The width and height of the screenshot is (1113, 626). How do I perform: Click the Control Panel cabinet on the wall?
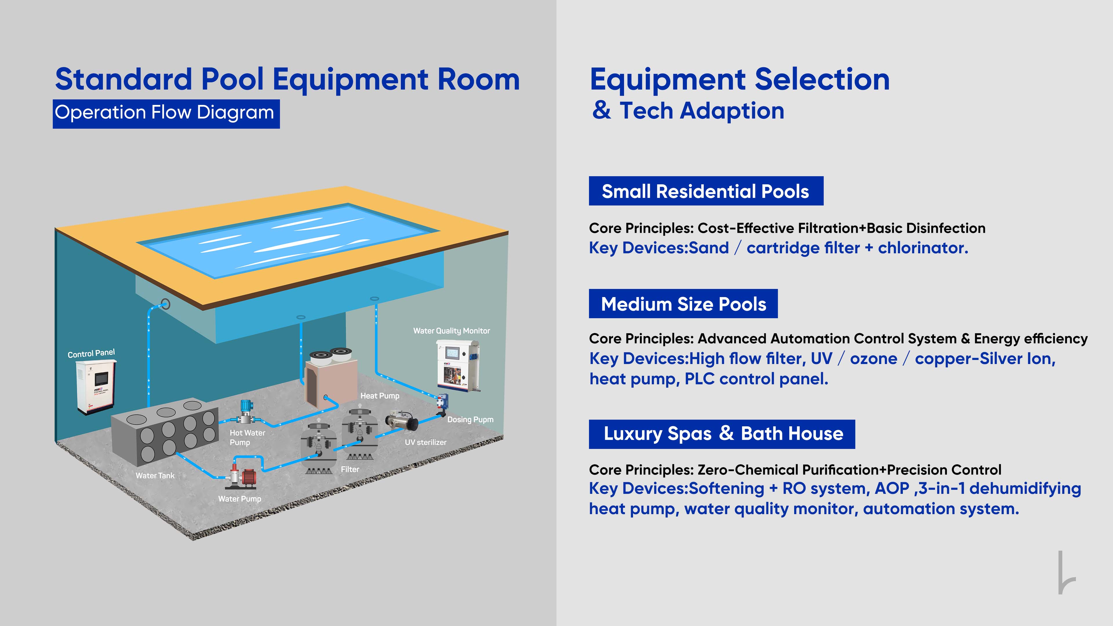click(x=95, y=387)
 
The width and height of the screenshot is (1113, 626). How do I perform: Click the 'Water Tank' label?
click(x=155, y=475)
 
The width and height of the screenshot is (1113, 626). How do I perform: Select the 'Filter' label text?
click(x=350, y=469)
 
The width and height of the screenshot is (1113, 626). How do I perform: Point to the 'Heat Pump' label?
click(x=380, y=396)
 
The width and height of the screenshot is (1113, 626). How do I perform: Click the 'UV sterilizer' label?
click(x=425, y=442)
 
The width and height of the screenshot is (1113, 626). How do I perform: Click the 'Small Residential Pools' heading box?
click(x=706, y=191)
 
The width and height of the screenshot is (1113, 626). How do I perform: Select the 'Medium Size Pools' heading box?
click(x=683, y=304)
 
